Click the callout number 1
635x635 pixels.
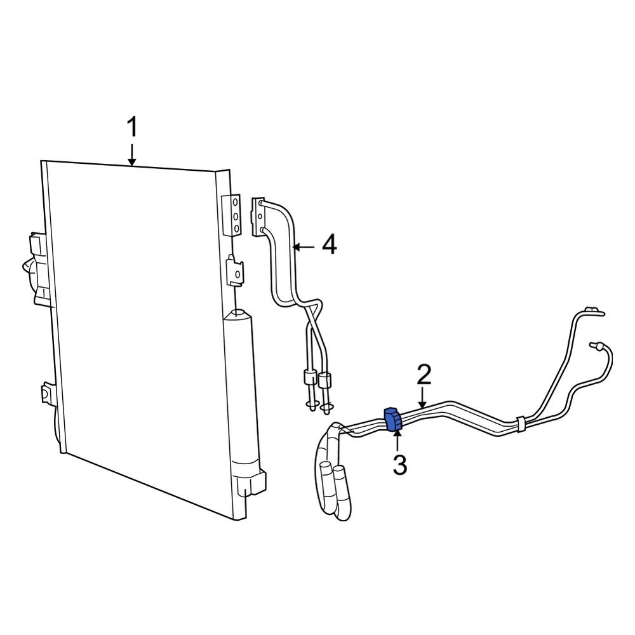pos(131,127)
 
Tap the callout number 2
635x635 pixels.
pos(424,375)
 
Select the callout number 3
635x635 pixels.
pos(399,464)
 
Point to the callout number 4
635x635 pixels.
pos(328,244)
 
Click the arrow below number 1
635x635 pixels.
pos(131,155)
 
